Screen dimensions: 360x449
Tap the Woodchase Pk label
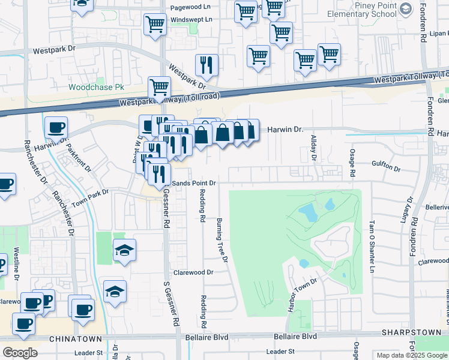(96, 87)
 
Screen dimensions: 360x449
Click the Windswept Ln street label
(192, 19)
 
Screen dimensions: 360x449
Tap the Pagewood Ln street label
(191, 7)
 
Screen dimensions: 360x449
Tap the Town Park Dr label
(89, 199)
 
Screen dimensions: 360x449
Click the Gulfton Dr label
(385, 166)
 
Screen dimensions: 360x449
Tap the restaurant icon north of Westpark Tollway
(206, 66)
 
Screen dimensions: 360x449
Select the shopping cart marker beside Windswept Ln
(155, 25)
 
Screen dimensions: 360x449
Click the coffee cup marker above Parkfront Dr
(56, 128)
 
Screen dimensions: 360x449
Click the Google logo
(20, 353)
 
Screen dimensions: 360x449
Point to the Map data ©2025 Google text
(411, 355)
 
